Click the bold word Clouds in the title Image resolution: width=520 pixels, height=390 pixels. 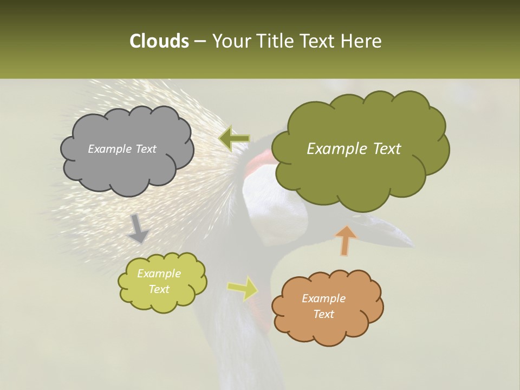coord(159,41)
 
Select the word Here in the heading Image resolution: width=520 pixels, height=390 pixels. coord(362,41)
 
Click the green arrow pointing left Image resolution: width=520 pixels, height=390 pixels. coord(233,138)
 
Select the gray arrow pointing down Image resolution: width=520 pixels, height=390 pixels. coord(138,228)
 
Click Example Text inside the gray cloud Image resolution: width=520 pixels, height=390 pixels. coord(122,149)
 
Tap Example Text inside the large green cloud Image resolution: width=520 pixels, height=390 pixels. coord(354,149)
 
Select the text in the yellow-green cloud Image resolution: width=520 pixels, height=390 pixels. coord(159,282)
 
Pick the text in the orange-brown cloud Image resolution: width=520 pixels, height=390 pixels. coord(323,306)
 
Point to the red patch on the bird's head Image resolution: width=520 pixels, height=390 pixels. coord(257,162)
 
